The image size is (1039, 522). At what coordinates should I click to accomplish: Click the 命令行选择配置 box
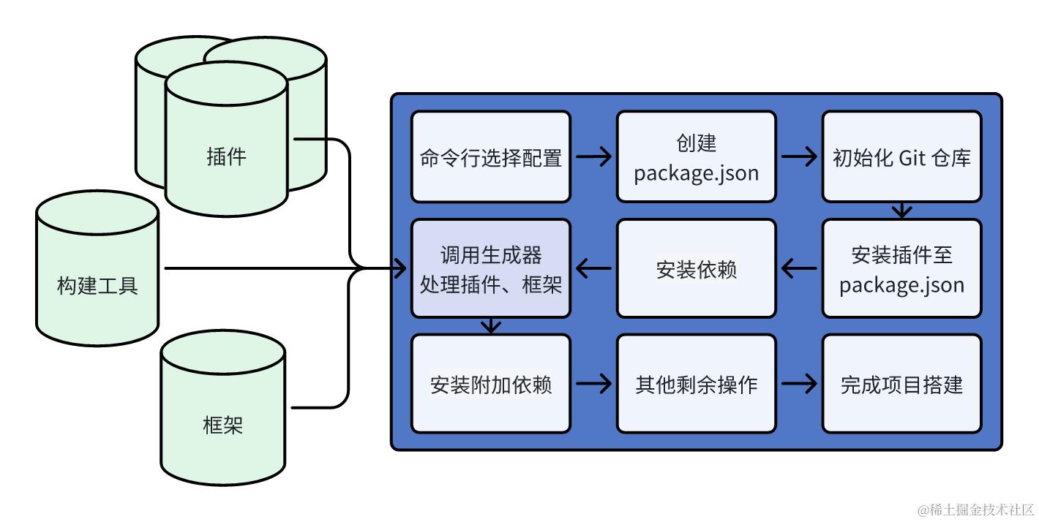(490, 156)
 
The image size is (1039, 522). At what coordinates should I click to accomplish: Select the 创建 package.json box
(696, 156)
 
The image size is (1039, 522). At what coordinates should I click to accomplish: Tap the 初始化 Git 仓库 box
(901, 156)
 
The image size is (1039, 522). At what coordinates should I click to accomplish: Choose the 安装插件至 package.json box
(901, 269)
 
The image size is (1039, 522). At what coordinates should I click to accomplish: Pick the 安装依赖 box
(696, 269)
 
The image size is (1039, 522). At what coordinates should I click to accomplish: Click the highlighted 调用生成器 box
(490, 269)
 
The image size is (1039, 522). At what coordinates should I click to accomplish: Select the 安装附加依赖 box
(490, 384)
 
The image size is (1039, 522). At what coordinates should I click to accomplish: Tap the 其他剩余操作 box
(696, 384)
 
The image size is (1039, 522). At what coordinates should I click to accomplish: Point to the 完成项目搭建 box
(901, 384)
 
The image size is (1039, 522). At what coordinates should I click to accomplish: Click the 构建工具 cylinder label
(97, 285)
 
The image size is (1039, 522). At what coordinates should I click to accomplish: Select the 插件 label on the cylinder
(226, 156)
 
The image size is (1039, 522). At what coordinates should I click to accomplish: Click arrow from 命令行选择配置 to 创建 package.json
(593, 156)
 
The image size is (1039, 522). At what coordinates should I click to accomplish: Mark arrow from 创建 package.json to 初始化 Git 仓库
(799, 156)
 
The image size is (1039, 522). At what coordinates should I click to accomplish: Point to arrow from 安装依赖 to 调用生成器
(593, 269)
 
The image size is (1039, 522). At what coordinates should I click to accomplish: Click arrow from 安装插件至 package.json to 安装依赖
(799, 269)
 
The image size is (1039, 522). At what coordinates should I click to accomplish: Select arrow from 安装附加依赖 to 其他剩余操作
(593, 384)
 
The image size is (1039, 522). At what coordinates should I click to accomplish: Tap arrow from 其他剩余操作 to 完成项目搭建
(799, 384)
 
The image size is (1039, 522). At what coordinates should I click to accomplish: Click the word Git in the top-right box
(912, 157)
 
